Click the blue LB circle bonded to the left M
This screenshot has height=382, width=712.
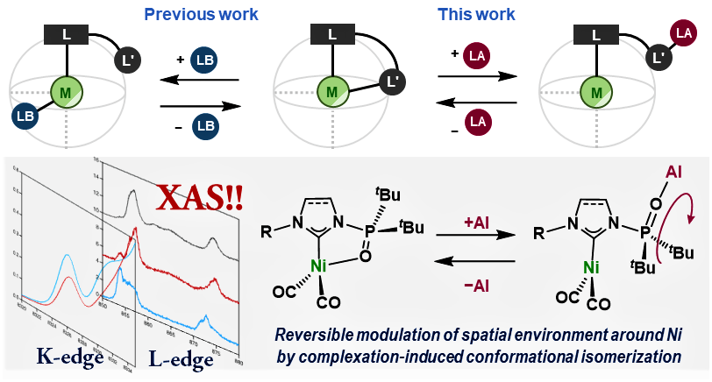26,117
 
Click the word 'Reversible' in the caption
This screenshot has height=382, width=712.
322,336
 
